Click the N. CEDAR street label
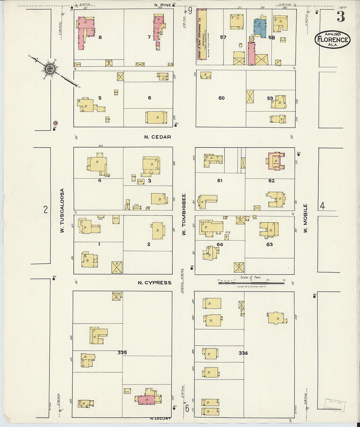[157, 137]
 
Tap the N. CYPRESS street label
[154, 283]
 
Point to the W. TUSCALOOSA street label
[62, 211]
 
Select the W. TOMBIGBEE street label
[184, 214]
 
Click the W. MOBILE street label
[305, 218]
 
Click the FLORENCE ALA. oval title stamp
[333, 40]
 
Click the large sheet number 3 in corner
[341, 17]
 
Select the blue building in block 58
[260, 27]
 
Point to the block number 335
[122, 352]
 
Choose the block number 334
[243, 353]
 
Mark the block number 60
[222, 98]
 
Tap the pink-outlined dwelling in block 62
[276, 161]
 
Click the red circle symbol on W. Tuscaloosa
[56, 123]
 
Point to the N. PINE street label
[163, 5]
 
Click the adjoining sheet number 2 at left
[45, 209]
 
